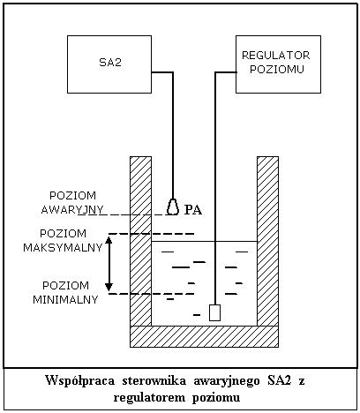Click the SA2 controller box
(x=109, y=64)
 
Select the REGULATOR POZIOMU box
(x=278, y=64)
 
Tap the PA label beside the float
(x=193, y=210)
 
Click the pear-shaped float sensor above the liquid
(x=173, y=206)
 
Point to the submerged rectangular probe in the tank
(x=214, y=312)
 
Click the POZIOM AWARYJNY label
(x=72, y=203)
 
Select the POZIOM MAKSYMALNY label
(x=63, y=241)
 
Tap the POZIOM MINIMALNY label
(x=65, y=293)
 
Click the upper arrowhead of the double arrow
(x=109, y=240)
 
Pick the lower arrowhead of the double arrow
(x=109, y=287)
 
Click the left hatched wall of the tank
(x=141, y=241)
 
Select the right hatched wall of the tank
(x=267, y=241)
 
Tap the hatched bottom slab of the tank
(x=205, y=336)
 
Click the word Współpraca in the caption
(x=80, y=380)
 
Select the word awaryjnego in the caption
(x=227, y=381)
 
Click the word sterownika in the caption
(x=154, y=380)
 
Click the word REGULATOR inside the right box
(x=275, y=56)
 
